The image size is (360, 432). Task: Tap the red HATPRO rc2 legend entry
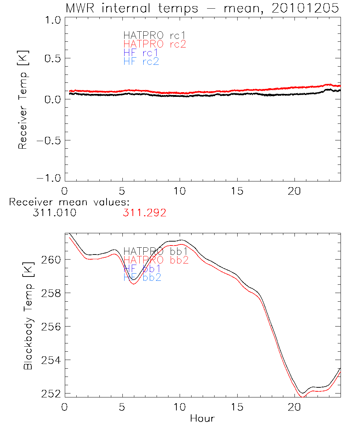(154, 44)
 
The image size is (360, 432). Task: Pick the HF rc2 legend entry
(141, 62)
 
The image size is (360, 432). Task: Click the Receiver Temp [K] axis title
(23, 100)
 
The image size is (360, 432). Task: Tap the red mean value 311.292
(144, 213)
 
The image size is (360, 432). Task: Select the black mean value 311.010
(54, 213)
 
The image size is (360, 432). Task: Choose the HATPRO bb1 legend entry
(155, 251)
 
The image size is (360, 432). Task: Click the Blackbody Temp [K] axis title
(28, 315)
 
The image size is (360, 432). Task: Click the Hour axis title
(202, 419)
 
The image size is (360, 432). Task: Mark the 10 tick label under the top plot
(180, 191)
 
